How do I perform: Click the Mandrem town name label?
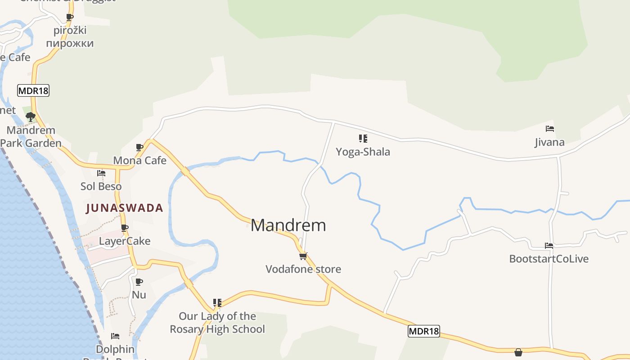288,225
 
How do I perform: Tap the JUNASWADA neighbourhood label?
124,208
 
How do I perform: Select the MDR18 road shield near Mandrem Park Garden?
33,90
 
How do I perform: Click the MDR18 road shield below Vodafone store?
423,332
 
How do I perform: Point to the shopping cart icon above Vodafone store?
303,256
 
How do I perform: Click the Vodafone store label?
303,269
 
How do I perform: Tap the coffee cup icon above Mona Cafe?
139,147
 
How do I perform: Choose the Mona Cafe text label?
139,160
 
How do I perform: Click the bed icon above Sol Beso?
101,173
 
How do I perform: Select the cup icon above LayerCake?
125,228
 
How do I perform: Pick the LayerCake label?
125,241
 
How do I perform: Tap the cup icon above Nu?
139,282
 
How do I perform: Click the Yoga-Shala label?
363,152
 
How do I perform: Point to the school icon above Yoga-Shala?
363,139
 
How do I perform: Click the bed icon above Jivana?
549,129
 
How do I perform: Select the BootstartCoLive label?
549,259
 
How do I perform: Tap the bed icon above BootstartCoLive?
549,246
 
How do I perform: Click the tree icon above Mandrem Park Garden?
31,117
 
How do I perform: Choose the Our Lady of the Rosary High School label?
217,323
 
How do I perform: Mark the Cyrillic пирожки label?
70,44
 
